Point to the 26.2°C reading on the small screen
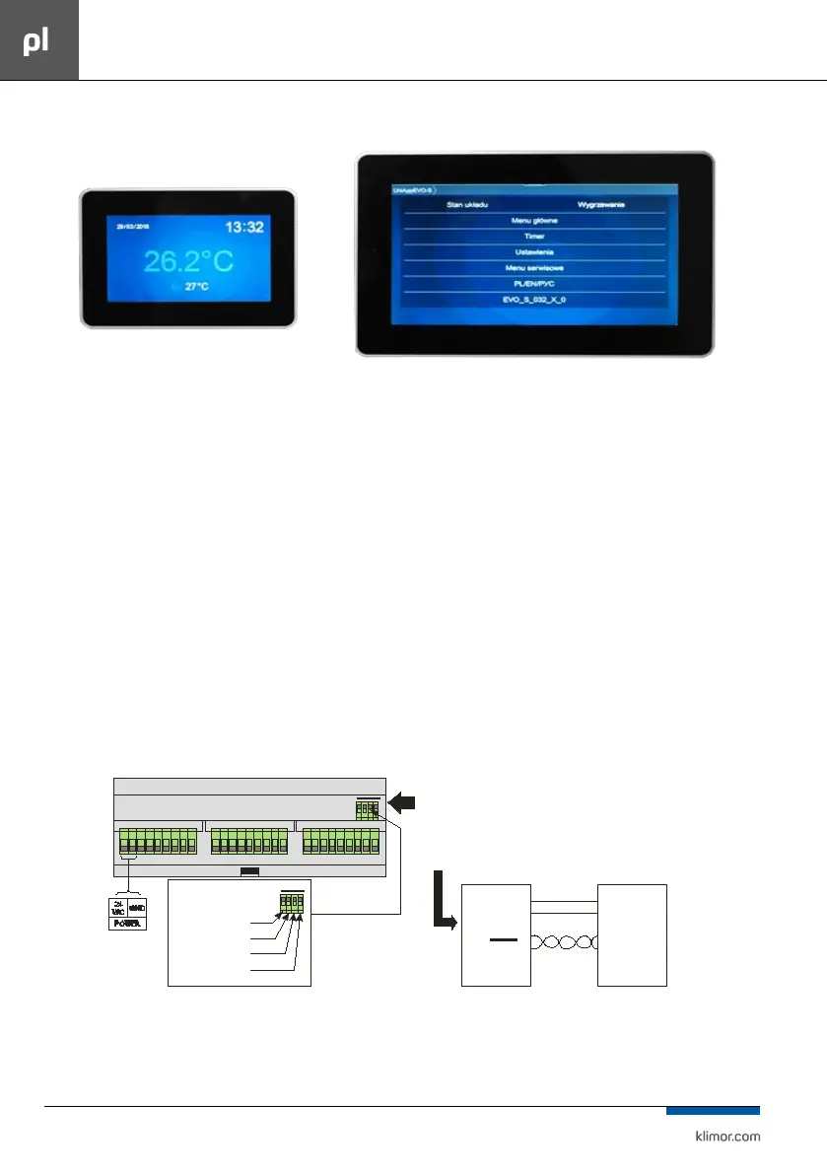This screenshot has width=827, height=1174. coord(188,261)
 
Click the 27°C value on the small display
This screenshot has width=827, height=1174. coord(197,287)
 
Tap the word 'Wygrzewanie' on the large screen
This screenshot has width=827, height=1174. coord(601,205)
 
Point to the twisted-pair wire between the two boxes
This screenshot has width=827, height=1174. coord(564,941)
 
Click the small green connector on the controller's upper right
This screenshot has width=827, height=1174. coord(367,811)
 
